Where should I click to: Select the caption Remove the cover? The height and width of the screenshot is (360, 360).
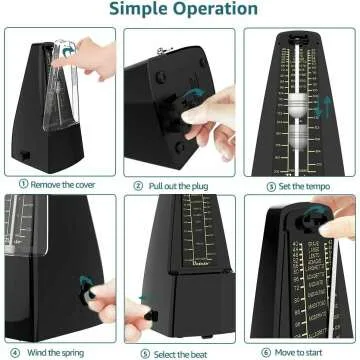tap(65, 184)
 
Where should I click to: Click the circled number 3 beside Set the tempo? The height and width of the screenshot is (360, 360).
tap(270, 184)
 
